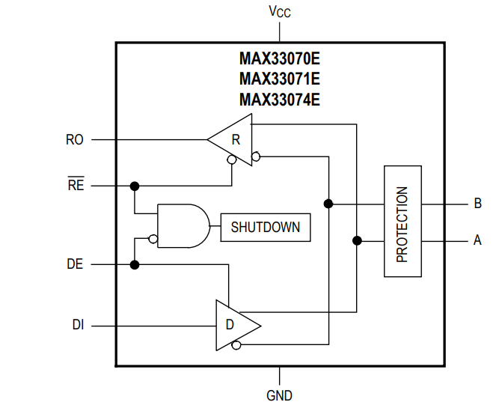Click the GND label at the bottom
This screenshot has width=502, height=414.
279,395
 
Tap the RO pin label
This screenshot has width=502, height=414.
75,139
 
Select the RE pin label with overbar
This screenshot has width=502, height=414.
76,186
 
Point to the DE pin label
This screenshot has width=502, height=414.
75,264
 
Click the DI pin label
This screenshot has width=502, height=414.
77,325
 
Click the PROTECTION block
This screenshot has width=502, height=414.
402,222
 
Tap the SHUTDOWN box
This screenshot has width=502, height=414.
265,227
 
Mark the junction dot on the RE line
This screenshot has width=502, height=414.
135,186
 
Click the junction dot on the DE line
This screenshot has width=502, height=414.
135,264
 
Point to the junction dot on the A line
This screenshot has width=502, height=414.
357,240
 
